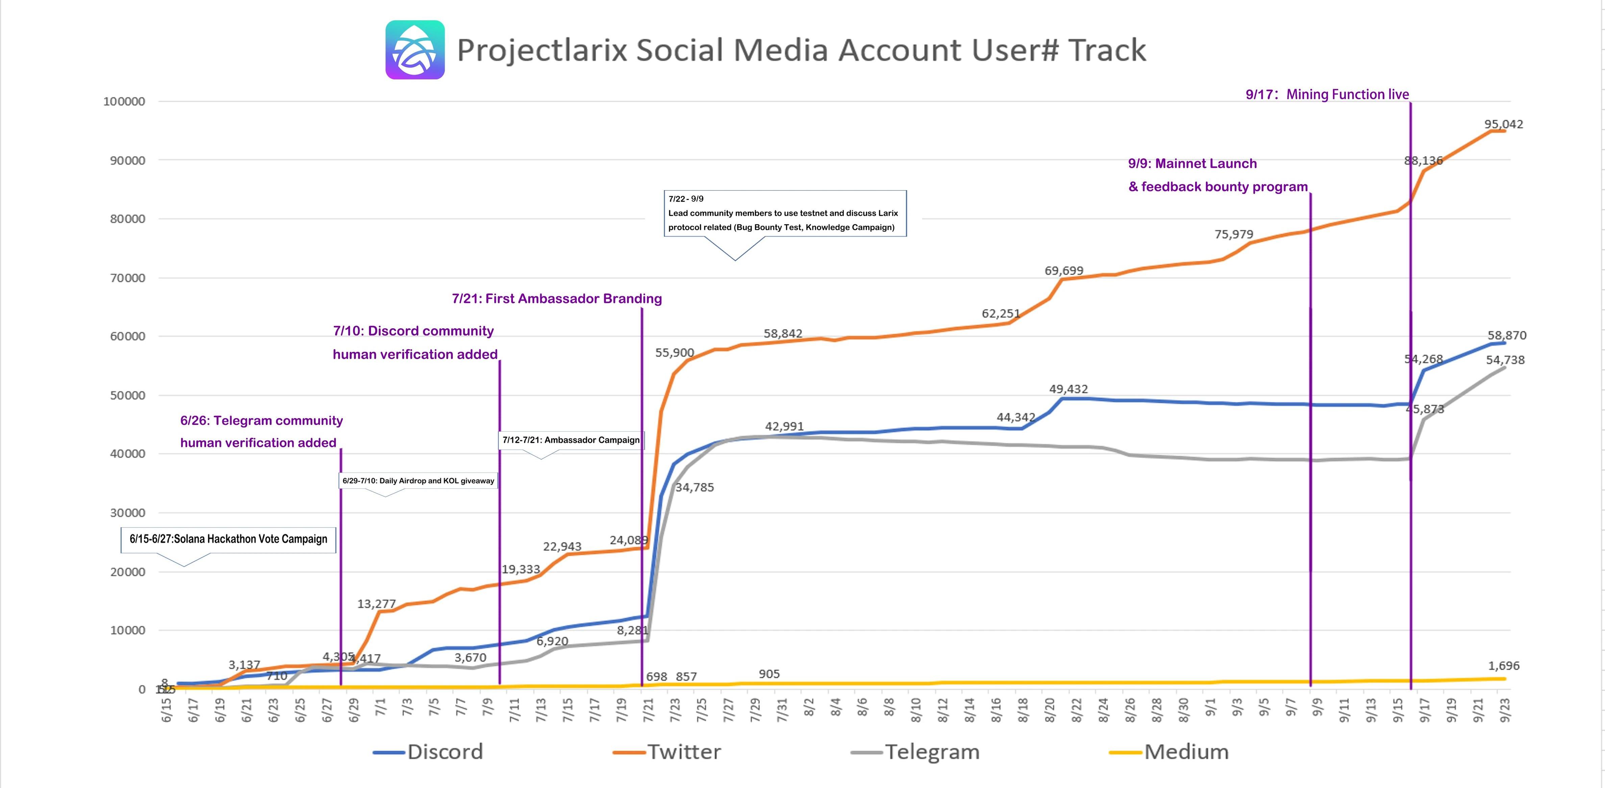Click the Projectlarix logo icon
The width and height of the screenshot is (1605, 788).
[415, 50]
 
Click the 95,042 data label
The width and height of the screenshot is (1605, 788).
[1503, 124]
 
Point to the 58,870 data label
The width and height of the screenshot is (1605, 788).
[1507, 335]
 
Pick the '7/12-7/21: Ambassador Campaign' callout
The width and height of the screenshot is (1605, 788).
[571, 440]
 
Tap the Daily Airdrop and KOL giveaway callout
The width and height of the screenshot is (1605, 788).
[418, 481]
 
